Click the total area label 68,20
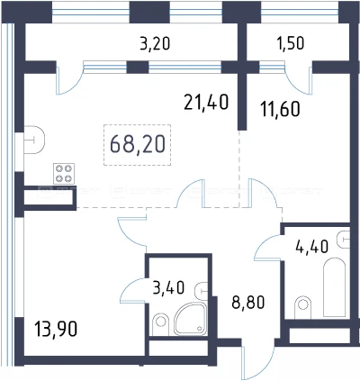(138, 144)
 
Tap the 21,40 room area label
(206, 102)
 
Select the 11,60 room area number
(280, 108)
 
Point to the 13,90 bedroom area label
(56, 329)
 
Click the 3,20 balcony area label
(155, 43)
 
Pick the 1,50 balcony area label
(290, 43)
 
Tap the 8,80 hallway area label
(248, 303)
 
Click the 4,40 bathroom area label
(311, 248)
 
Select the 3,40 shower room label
(168, 287)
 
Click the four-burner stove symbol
(64, 174)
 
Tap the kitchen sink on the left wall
(34, 140)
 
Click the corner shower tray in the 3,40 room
(192, 319)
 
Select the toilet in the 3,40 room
(161, 324)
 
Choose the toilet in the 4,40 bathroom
(302, 307)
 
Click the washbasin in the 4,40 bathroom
(344, 240)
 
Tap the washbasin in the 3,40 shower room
(202, 291)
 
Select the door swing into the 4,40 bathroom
(268, 248)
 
